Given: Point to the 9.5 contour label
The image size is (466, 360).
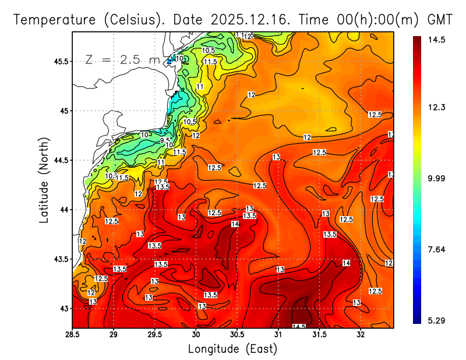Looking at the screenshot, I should pyautogui.click(x=165, y=140).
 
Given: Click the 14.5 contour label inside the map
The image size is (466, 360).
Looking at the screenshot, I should pyautogui.click(x=299, y=326).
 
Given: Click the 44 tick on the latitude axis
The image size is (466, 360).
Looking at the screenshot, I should pyautogui.click(x=64, y=210).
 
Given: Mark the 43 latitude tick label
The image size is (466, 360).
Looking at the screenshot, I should pyautogui.click(x=64, y=308).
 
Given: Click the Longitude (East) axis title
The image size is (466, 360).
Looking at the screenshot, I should pyautogui.click(x=232, y=349).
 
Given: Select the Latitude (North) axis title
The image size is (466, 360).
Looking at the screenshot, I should pyautogui.click(x=44, y=179).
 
